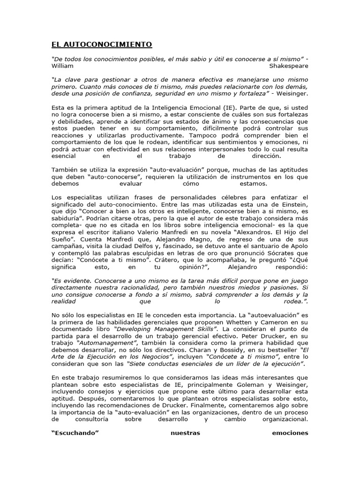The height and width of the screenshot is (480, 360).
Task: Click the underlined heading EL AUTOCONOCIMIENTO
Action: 101,45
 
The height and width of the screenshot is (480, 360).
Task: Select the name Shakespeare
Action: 289,66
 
